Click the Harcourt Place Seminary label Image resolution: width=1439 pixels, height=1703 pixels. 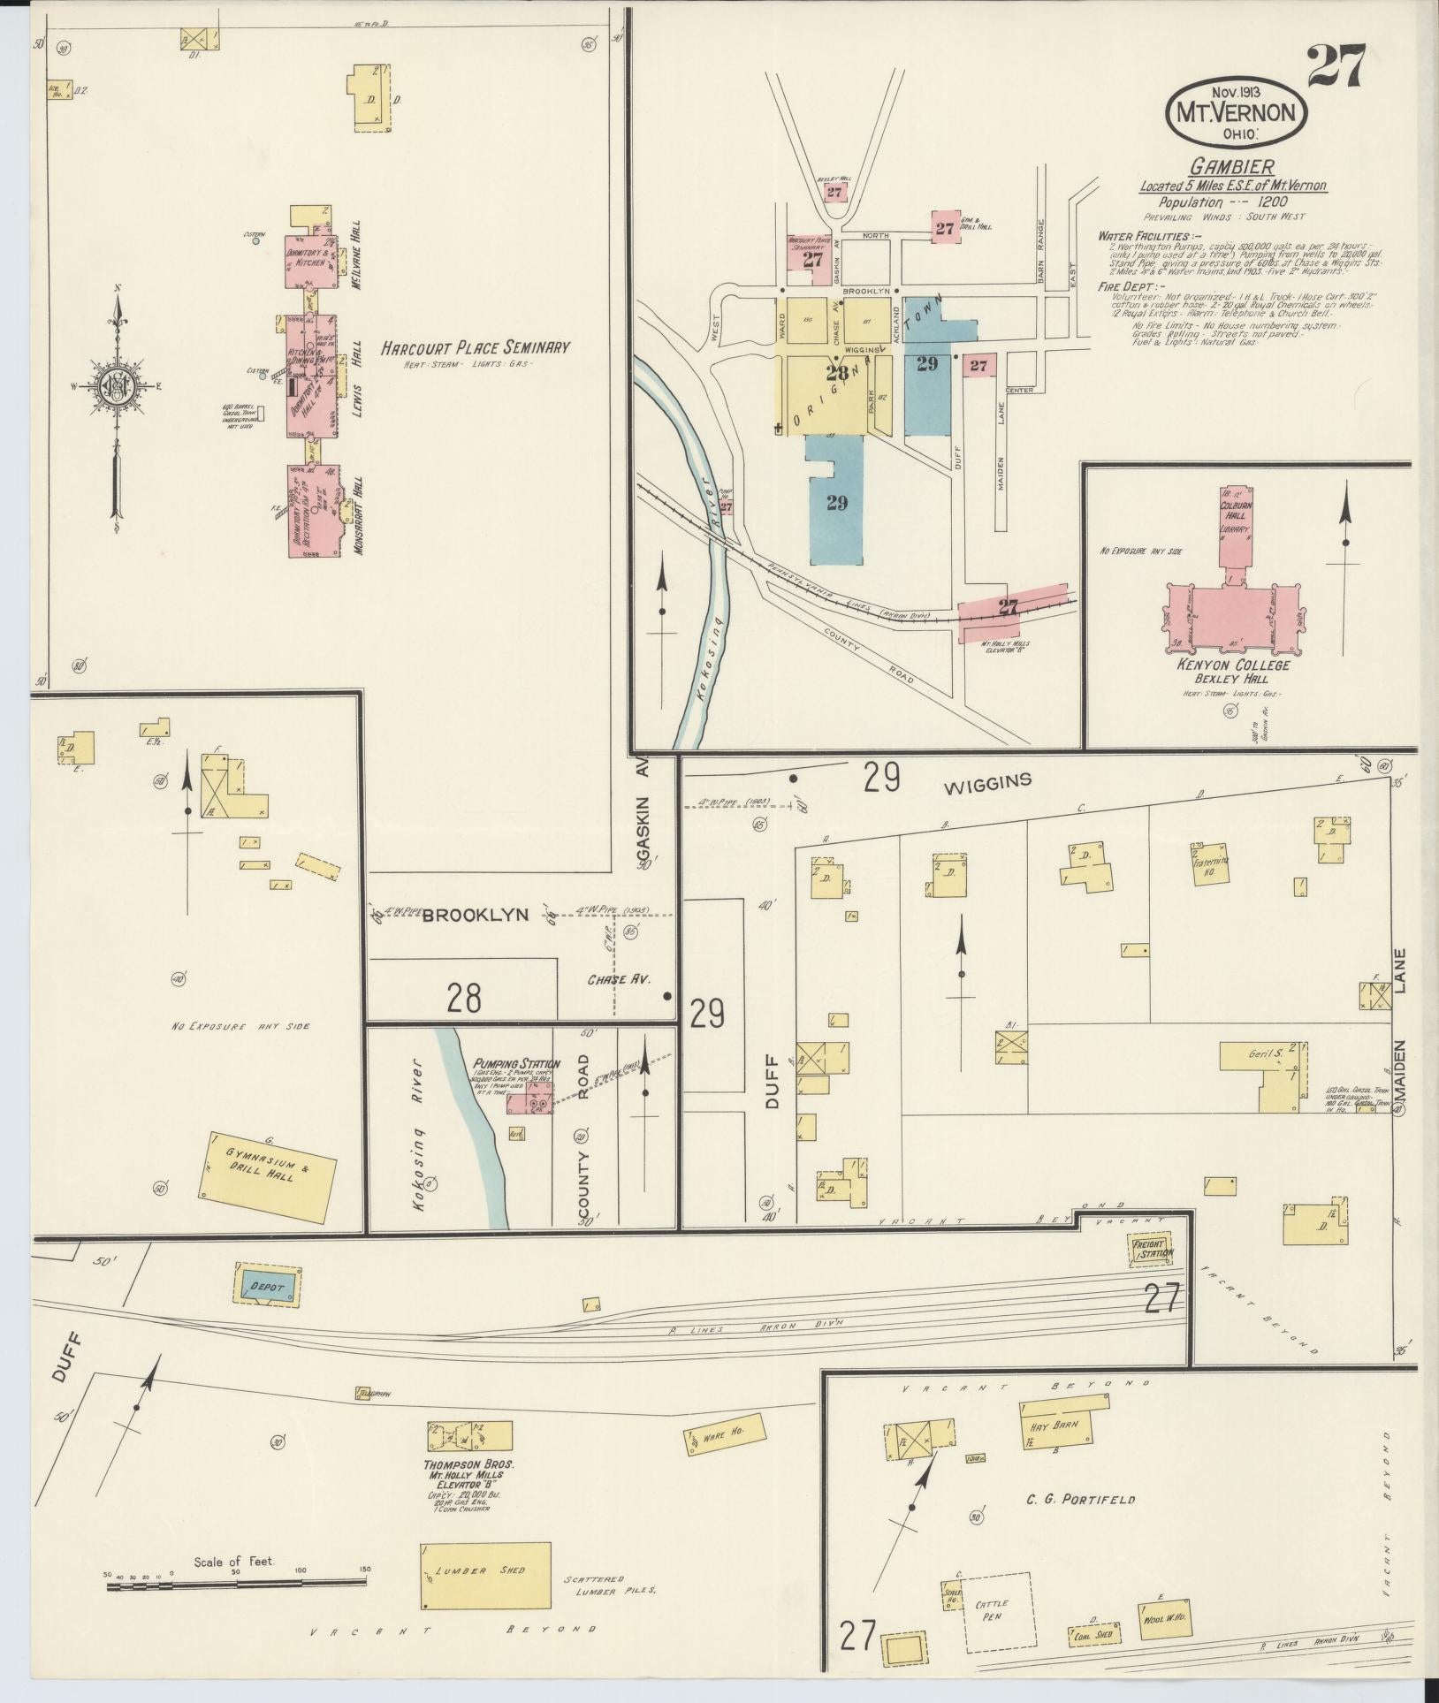475,348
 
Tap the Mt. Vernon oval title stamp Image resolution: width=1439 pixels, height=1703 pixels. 1235,113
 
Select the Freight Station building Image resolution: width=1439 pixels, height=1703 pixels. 1151,1250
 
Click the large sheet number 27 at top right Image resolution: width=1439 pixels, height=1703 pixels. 1337,66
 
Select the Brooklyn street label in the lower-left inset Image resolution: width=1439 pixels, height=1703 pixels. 475,916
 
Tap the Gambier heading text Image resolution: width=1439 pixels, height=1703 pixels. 1231,166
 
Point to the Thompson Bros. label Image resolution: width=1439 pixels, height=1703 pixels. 469,1464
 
